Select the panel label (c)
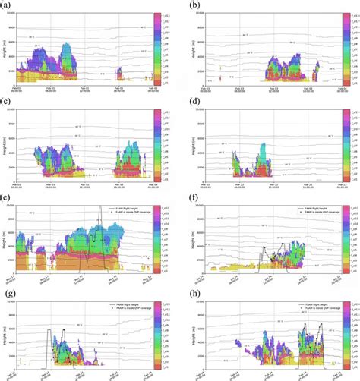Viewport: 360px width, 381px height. (6, 102)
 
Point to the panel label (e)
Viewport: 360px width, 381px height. (6, 197)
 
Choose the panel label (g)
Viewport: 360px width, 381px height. (6, 291)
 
